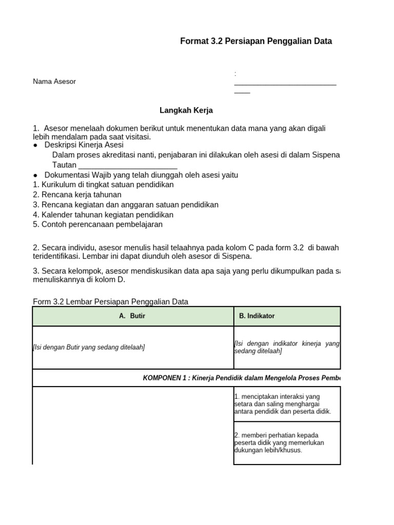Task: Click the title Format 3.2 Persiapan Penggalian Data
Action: [256, 42]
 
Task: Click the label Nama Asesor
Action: [54, 82]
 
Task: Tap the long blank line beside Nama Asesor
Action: [285, 83]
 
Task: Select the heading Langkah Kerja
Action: [186, 110]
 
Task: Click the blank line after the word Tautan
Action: [128, 165]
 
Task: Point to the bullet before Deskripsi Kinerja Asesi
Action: [35, 146]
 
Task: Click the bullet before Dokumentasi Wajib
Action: [35, 175]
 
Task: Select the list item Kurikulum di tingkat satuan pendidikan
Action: [103, 185]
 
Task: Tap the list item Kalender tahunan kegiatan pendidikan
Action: [103, 215]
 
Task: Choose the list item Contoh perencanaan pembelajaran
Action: [97, 225]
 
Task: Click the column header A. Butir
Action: [132, 316]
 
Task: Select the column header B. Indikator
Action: [257, 316]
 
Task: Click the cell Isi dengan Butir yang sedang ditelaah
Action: [89, 348]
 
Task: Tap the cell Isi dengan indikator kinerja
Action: [286, 347]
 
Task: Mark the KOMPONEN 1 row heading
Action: [241, 378]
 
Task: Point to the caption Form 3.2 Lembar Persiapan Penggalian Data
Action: [110, 301]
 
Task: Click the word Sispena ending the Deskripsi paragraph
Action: [326, 155]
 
